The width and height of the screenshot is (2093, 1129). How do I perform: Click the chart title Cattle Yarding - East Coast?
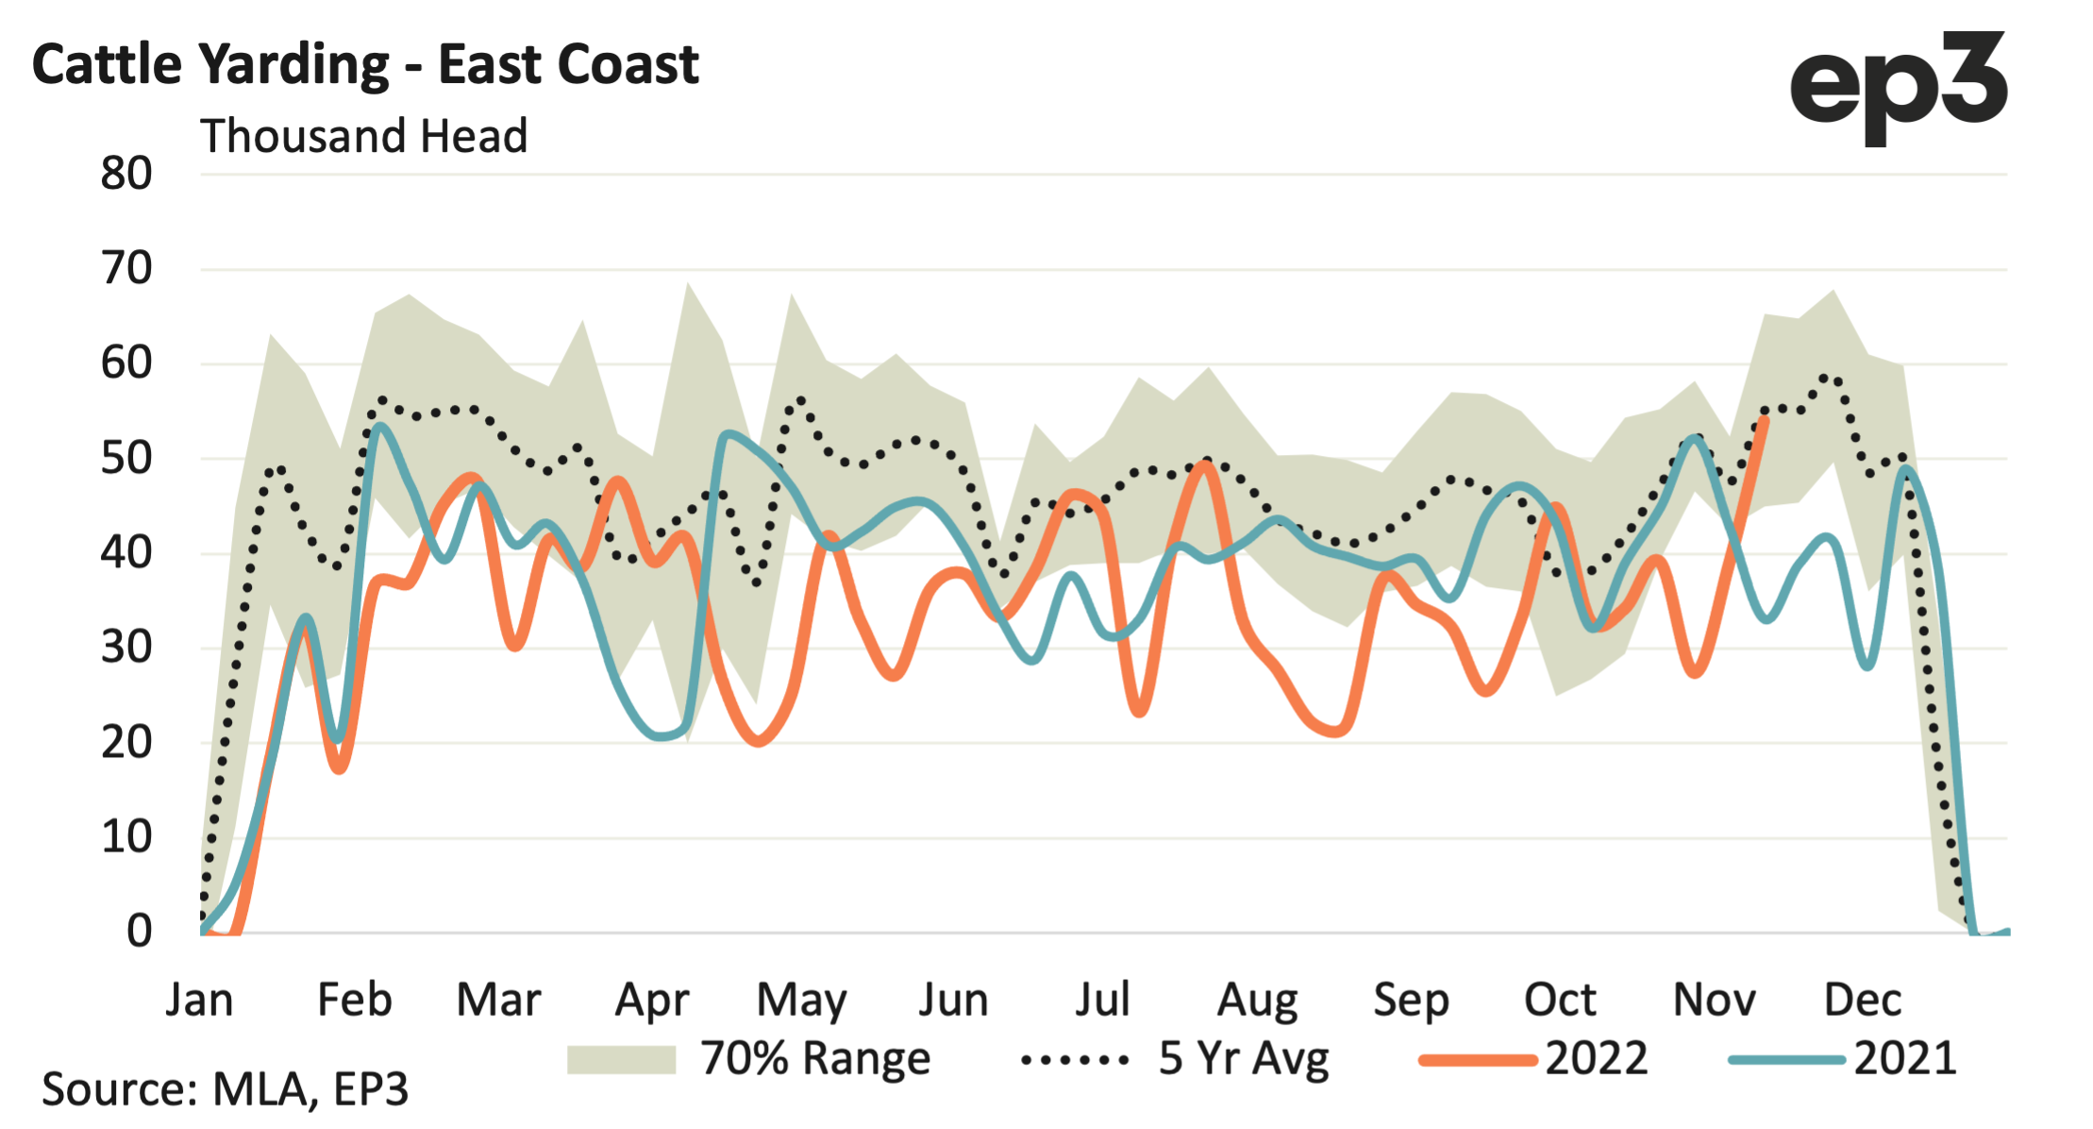pyautogui.click(x=365, y=65)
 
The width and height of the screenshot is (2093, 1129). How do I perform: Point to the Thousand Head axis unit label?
pyautogui.click(x=363, y=136)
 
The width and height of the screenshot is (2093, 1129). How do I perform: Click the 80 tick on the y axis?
pyautogui.click(x=126, y=174)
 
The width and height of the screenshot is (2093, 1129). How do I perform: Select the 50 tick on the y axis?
pyautogui.click(x=126, y=459)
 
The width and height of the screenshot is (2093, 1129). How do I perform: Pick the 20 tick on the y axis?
pyautogui.click(x=126, y=743)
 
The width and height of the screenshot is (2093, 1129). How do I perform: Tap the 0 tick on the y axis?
pyautogui.click(x=139, y=932)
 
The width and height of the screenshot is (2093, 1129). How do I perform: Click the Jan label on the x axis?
pyautogui.click(x=199, y=1000)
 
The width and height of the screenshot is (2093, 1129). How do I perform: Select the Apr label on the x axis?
pyautogui.click(x=652, y=1000)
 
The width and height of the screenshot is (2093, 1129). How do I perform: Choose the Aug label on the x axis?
pyautogui.click(x=1257, y=1000)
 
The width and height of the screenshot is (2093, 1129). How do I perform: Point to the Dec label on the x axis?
pyautogui.click(x=1862, y=1000)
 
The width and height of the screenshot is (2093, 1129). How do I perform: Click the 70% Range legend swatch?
pyautogui.click(x=621, y=1059)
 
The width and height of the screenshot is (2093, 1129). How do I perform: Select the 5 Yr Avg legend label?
pyautogui.click(x=1244, y=1059)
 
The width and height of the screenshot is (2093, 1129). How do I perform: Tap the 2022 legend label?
pyautogui.click(x=1596, y=1059)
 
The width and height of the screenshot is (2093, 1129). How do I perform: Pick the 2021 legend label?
pyautogui.click(x=1904, y=1059)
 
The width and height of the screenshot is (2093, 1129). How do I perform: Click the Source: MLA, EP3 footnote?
pyautogui.click(x=226, y=1089)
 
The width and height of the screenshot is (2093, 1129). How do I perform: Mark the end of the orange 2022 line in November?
pyautogui.click(x=1764, y=418)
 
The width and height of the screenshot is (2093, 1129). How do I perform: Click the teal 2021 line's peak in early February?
pyautogui.click(x=379, y=426)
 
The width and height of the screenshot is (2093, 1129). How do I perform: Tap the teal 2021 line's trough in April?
pyautogui.click(x=663, y=736)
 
